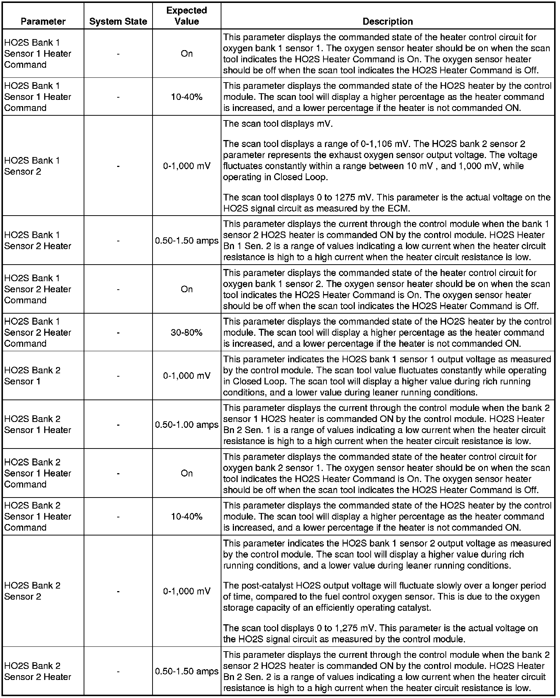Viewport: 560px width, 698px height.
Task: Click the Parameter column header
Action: point(43,21)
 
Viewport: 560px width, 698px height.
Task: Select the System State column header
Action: point(118,22)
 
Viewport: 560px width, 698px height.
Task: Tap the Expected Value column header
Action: point(186,16)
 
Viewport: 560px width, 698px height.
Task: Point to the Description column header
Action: point(388,21)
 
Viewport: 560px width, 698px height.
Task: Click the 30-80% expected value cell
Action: point(186,332)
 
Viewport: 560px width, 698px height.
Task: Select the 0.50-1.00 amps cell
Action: point(186,425)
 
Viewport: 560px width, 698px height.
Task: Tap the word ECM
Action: point(399,209)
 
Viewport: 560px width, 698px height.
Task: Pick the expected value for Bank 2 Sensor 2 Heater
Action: point(186,671)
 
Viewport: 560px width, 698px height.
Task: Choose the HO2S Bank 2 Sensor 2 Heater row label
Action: point(38,671)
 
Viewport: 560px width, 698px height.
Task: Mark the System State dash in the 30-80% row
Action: point(118,333)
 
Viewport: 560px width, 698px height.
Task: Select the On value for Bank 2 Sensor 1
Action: point(186,473)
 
